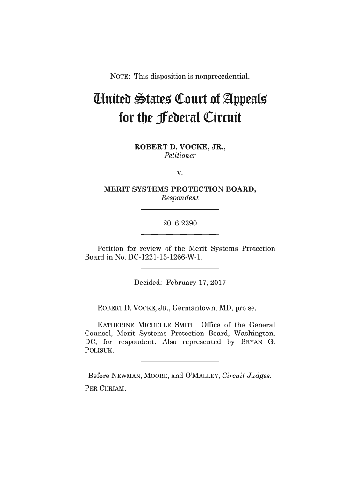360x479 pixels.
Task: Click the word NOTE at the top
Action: (120, 76)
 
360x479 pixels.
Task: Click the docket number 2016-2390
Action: (180, 224)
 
